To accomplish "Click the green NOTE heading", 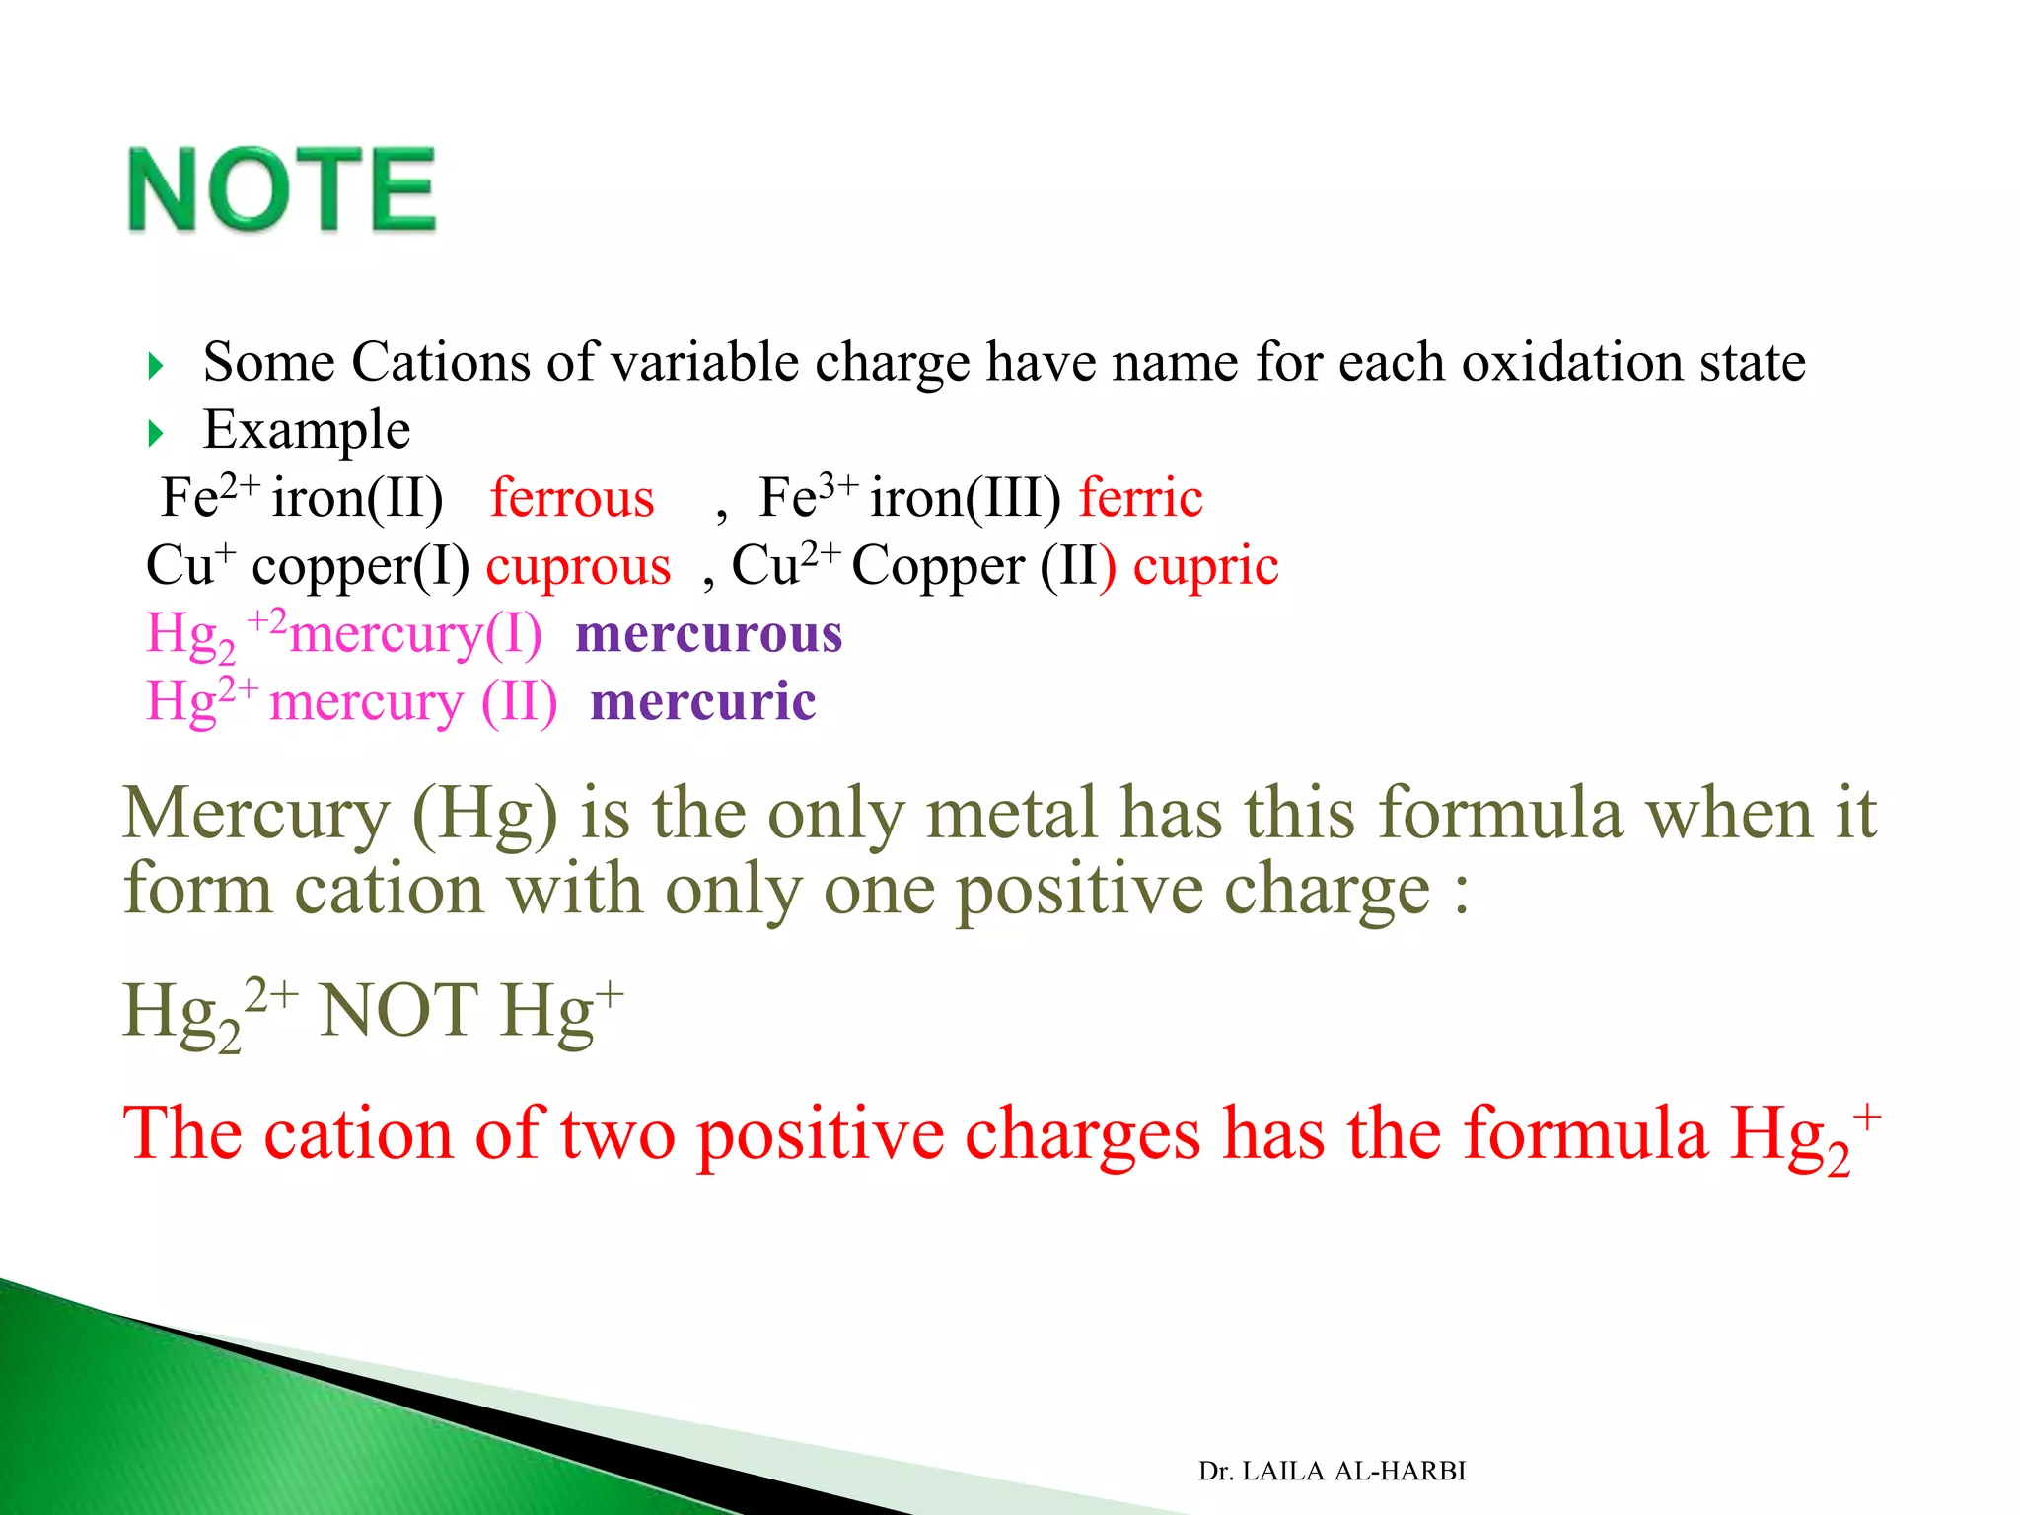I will click(x=282, y=189).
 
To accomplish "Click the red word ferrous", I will click(x=572, y=498).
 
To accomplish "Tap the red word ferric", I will click(x=1140, y=498).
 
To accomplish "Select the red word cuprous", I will click(x=578, y=567).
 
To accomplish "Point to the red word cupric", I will click(x=1205, y=567).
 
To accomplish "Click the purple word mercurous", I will click(x=709, y=634).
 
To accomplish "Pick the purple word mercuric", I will click(x=703, y=702).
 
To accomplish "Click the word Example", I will click(x=307, y=430).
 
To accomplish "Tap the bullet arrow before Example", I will click(x=156, y=433).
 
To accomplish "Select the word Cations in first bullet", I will click(x=441, y=362).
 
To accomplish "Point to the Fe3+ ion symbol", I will click(x=807, y=496).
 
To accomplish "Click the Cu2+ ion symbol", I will click(x=784, y=565).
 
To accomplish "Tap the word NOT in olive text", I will click(x=398, y=1010).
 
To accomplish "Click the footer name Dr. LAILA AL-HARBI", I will click(x=1332, y=1471).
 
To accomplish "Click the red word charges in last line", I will click(x=1082, y=1134).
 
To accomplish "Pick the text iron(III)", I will click(x=965, y=498).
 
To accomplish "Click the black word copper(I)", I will click(x=360, y=567).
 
